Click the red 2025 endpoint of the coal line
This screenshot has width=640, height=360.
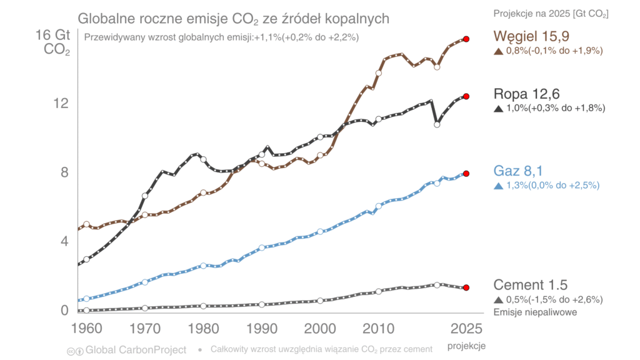click(x=466, y=39)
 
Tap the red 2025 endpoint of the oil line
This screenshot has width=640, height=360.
click(x=466, y=96)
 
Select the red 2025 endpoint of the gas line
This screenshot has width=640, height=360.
click(x=466, y=174)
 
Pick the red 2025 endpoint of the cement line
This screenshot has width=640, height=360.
click(x=466, y=287)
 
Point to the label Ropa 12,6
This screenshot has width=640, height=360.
click(x=526, y=94)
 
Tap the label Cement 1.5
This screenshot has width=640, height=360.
click(x=530, y=285)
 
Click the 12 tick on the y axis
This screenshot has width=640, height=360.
click(x=60, y=104)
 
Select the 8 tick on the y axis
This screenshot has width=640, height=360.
click(x=64, y=172)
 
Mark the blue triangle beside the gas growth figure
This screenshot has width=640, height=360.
click(x=498, y=186)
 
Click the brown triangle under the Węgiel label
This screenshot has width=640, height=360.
click(x=498, y=51)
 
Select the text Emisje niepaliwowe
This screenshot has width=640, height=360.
click(x=535, y=312)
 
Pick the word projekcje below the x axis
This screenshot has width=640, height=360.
click(x=466, y=346)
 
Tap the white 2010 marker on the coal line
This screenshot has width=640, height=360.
click(x=378, y=73)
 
